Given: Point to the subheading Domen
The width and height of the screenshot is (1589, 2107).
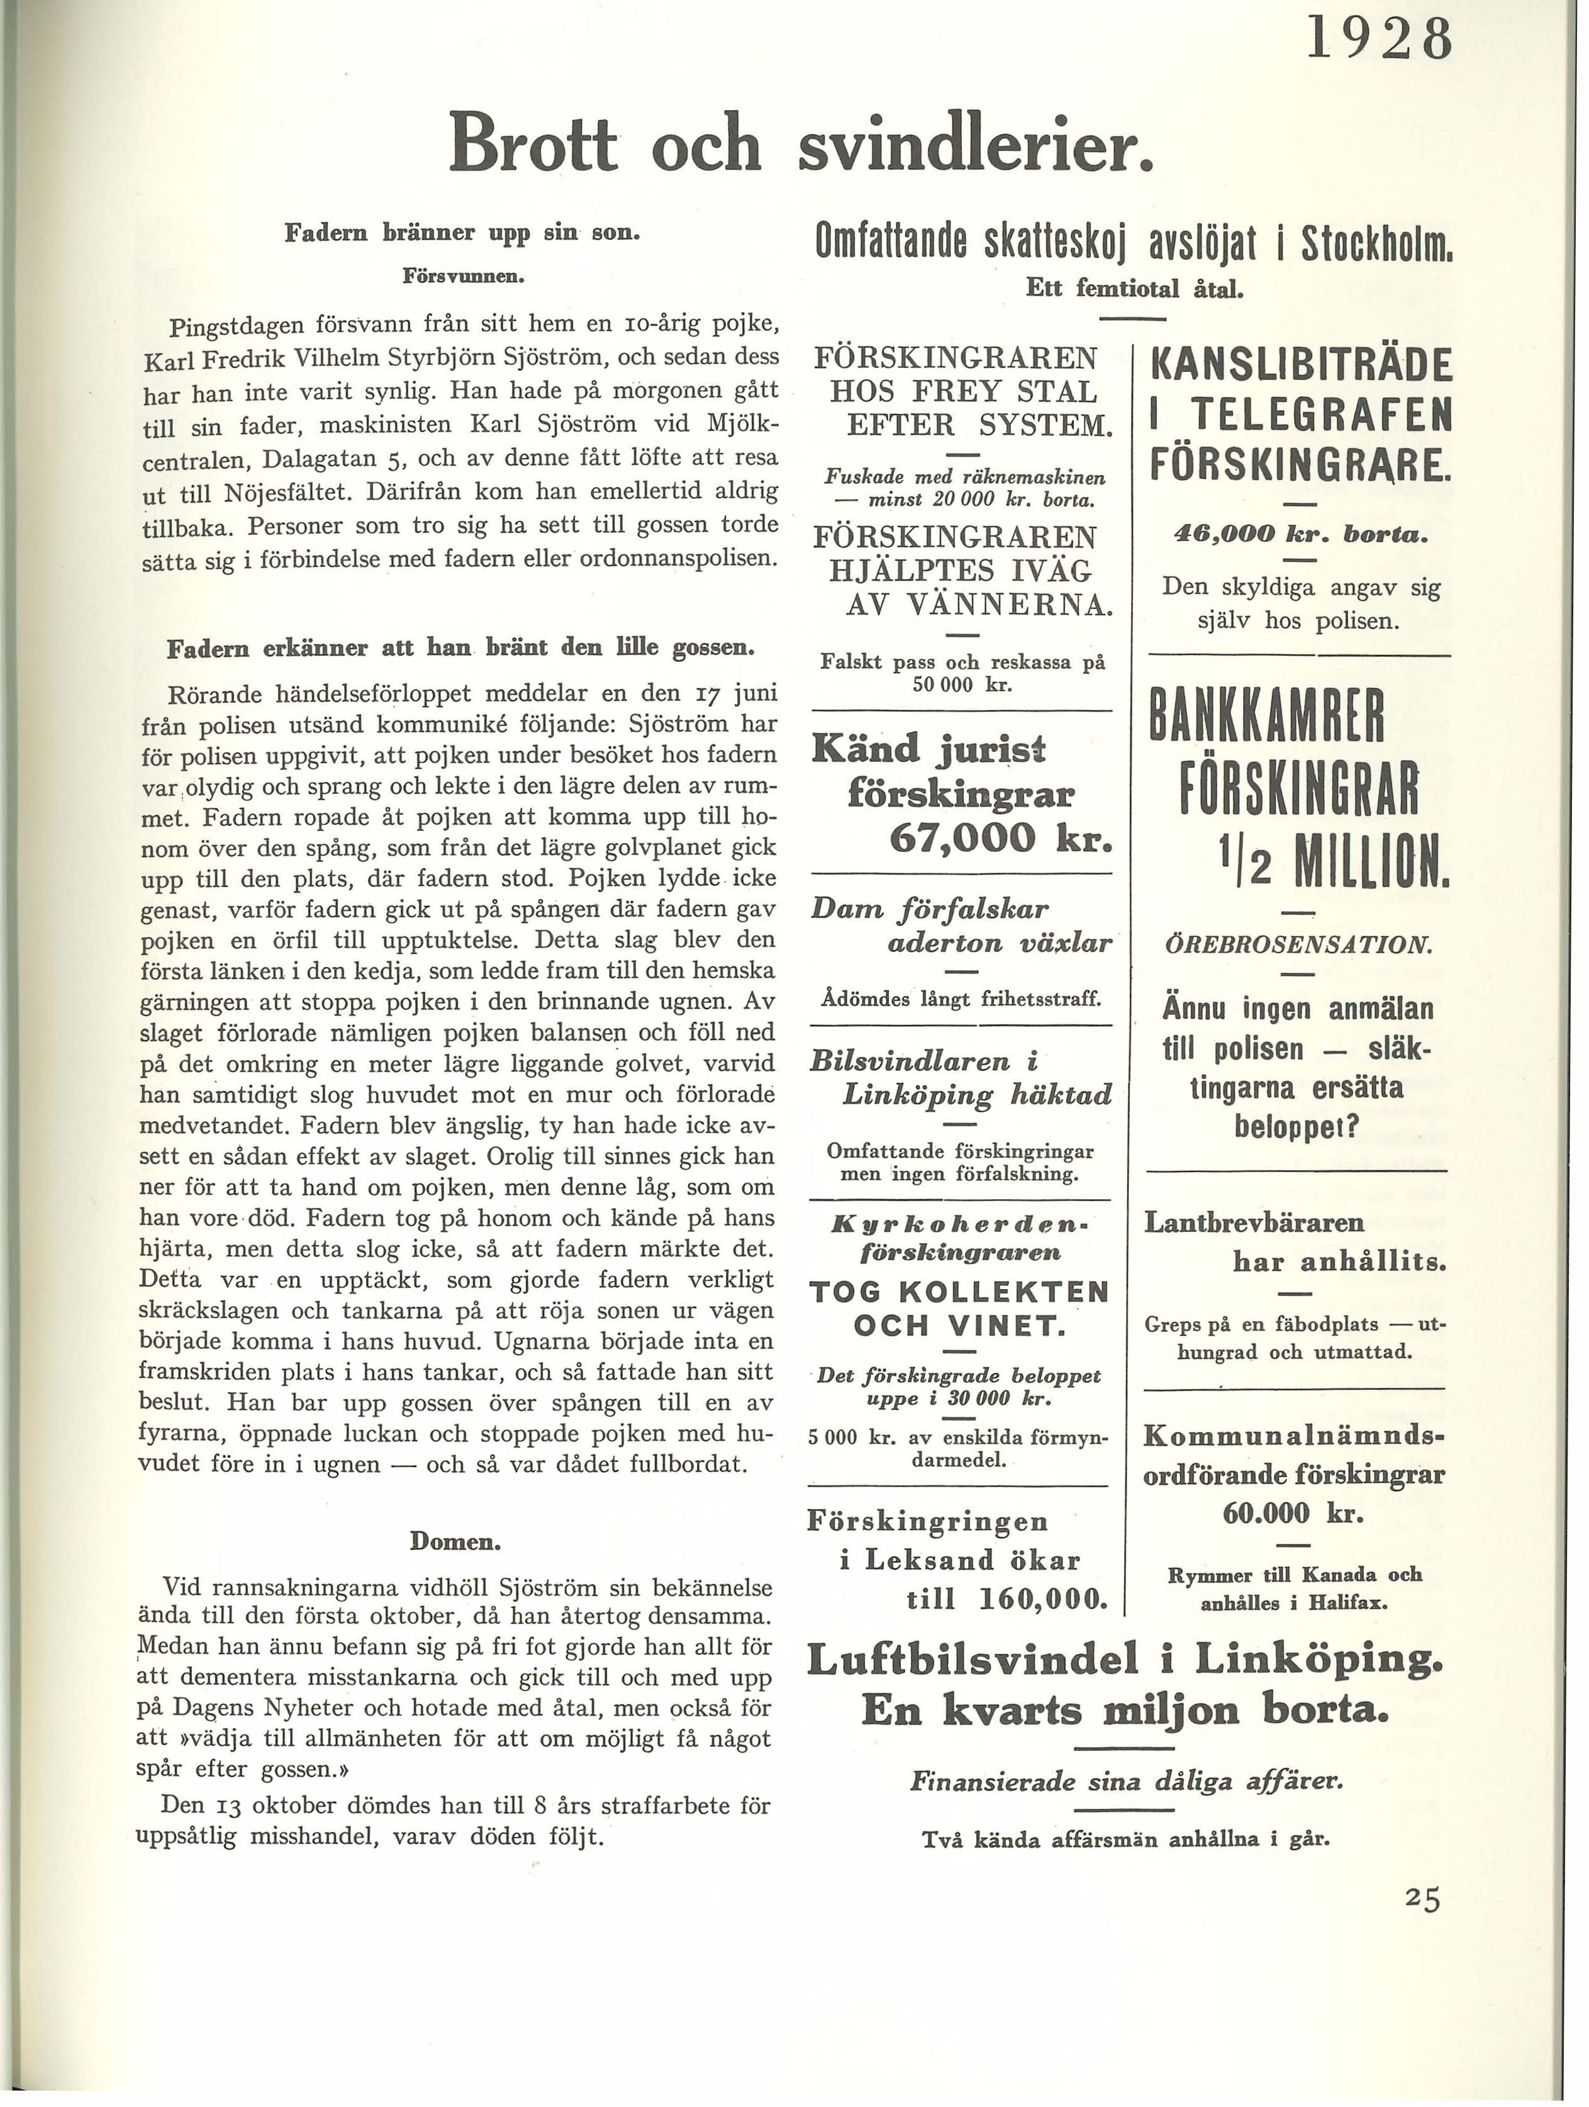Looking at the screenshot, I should click(455, 1540).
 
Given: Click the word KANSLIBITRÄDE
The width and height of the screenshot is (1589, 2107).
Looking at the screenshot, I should click(1302, 366).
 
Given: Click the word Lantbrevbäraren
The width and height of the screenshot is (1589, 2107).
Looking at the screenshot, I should click(1254, 1222).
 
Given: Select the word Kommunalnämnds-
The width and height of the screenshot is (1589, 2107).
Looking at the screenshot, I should click(1295, 1436).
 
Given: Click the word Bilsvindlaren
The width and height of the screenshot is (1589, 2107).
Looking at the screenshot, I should click(910, 1060).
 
